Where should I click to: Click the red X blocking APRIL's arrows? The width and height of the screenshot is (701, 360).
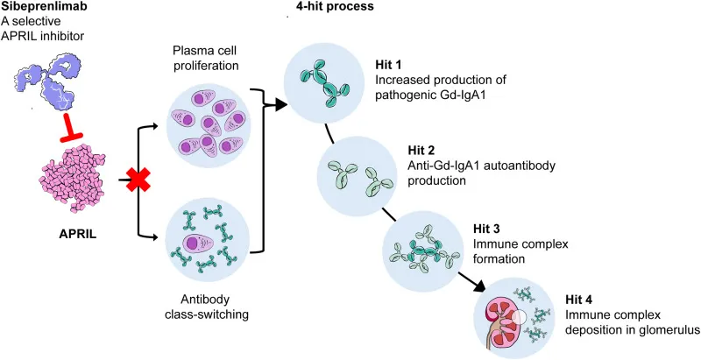tap(138, 182)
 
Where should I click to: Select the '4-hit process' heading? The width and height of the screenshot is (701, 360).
tap(330, 7)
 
